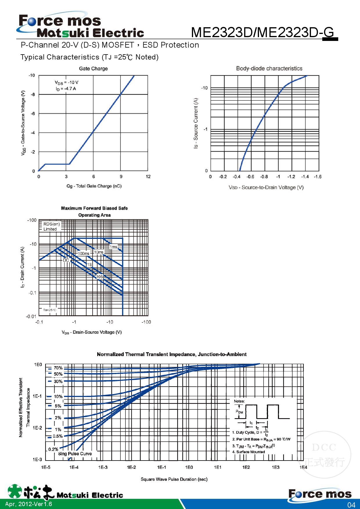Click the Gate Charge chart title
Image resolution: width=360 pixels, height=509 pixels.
[x=93, y=68]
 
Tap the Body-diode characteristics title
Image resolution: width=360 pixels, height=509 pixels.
[x=269, y=68]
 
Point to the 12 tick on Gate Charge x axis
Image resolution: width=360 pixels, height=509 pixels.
[x=148, y=176]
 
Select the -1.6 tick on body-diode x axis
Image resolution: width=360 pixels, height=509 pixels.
[x=318, y=176]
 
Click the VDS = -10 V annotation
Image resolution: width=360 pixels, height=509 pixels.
[x=66, y=83]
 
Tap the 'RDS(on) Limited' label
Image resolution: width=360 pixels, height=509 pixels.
[x=51, y=226]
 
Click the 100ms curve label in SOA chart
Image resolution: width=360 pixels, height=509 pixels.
[x=84, y=253]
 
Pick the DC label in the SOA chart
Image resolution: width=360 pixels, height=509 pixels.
[x=66, y=260]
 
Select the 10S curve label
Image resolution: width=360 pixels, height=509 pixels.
[x=100, y=277]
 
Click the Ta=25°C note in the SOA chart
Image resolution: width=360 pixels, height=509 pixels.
[x=50, y=310]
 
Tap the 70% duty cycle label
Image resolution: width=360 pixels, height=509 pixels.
[x=58, y=368]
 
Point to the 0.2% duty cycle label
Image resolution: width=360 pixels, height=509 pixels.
[x=53, y=449]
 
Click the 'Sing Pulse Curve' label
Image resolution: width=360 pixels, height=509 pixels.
[x=75, y=454]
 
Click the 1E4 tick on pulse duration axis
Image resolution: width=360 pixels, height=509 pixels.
[x=303, y=467]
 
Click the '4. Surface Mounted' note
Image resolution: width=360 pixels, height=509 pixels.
[x=249, y=452]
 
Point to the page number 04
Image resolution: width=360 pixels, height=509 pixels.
[x=351, y=505]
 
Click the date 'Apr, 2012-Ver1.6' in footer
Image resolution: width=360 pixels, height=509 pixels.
[x=28, y=504]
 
